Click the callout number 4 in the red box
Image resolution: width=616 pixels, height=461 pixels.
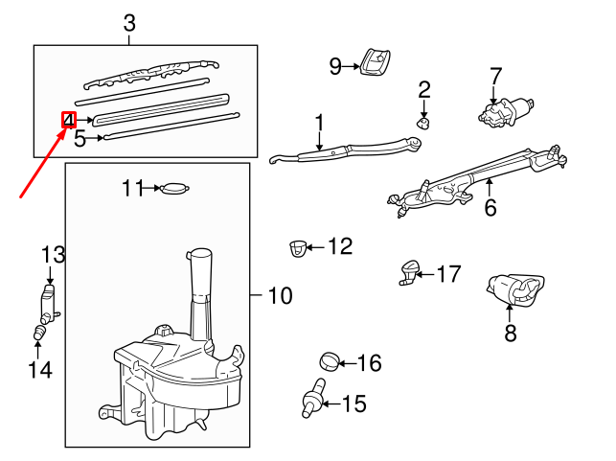click(69, 120)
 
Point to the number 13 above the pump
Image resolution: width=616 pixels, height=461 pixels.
click(53, 254)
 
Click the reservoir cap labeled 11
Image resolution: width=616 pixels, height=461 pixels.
click(175, 189)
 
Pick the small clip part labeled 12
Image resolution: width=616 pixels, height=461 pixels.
click(298, 249)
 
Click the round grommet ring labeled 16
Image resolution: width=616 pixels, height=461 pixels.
click(329, 362)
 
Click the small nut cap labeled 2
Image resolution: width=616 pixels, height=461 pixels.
click(423, 121)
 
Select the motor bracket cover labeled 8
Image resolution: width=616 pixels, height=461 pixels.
click(515, 290)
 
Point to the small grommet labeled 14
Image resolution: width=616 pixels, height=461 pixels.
click(41, 334)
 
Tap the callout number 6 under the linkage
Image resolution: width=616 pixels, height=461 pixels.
click(490, 206)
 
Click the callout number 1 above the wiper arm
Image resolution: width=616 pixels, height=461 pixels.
click(319, 123)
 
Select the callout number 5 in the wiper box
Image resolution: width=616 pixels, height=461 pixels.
click(80, 139)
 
